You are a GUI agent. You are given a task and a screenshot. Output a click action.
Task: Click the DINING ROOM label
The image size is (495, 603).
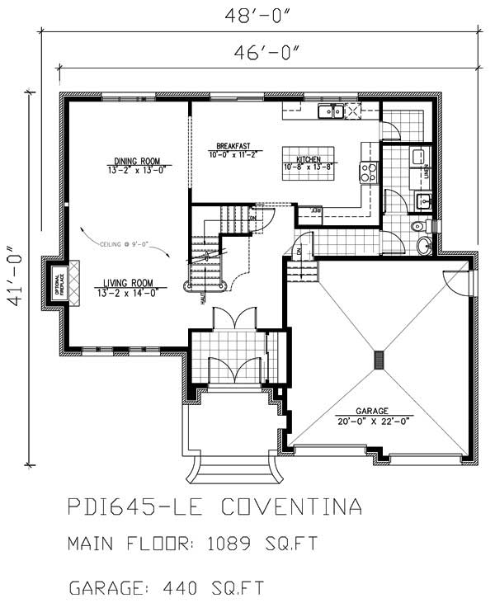point(138,161)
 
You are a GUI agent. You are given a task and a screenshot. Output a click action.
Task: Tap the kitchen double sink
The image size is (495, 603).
point(332,111)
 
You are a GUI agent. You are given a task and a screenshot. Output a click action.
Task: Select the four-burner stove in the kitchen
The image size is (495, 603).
point(368,172)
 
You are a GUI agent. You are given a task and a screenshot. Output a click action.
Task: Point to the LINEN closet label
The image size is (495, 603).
point(425,172)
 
